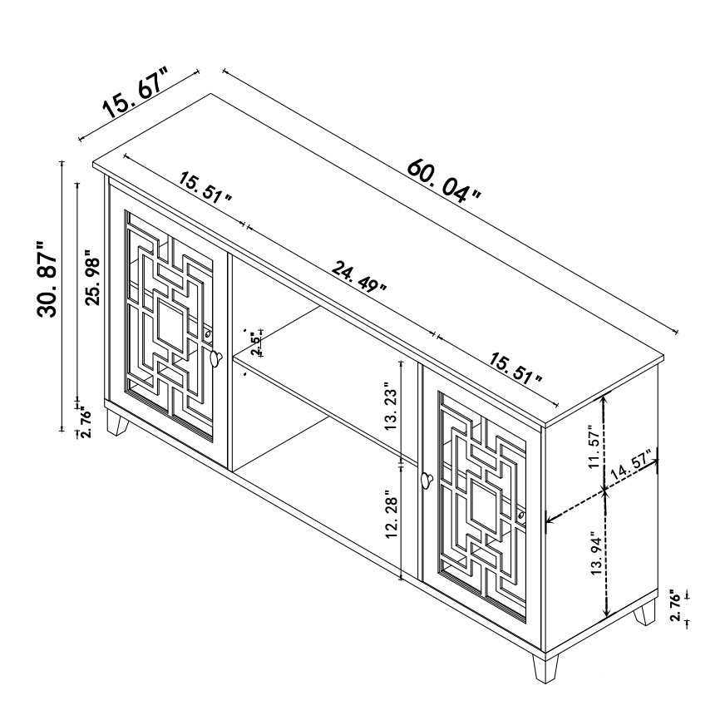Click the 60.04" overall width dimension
click(444, 181)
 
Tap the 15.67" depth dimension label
click(136, 92)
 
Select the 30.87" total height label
click(47, 279)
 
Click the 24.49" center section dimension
click(359, 278)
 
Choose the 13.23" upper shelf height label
click(391, 406)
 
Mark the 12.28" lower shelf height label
click(391, 516)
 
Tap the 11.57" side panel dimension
click(594, 446)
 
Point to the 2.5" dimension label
click(254, 343)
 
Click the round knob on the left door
click(215, 358)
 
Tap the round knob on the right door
click(427, 480)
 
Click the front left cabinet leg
click(116, 422)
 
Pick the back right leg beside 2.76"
click(645, 613)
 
